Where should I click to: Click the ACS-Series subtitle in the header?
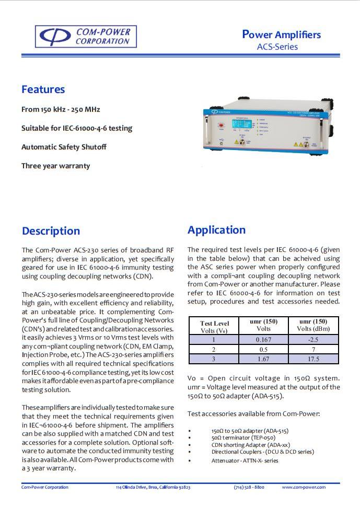coord(277,47)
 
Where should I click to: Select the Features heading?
coord(43,89)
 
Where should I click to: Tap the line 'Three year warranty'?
coord(55,166)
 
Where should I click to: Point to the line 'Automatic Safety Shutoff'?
coord(64,147)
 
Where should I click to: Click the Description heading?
coord(51,231)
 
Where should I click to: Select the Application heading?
coord(216,230)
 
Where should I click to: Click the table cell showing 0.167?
coord(263,339)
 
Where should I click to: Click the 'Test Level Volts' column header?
coord(214,327)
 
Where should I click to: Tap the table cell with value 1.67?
coord(263,359)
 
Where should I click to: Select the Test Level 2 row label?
coord(214,349)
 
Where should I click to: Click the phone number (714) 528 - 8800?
coord(249,487)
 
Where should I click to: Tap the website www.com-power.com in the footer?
coord(304,487)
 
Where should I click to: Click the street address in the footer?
coord(153,487)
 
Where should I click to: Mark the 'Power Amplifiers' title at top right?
coord(282,35)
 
